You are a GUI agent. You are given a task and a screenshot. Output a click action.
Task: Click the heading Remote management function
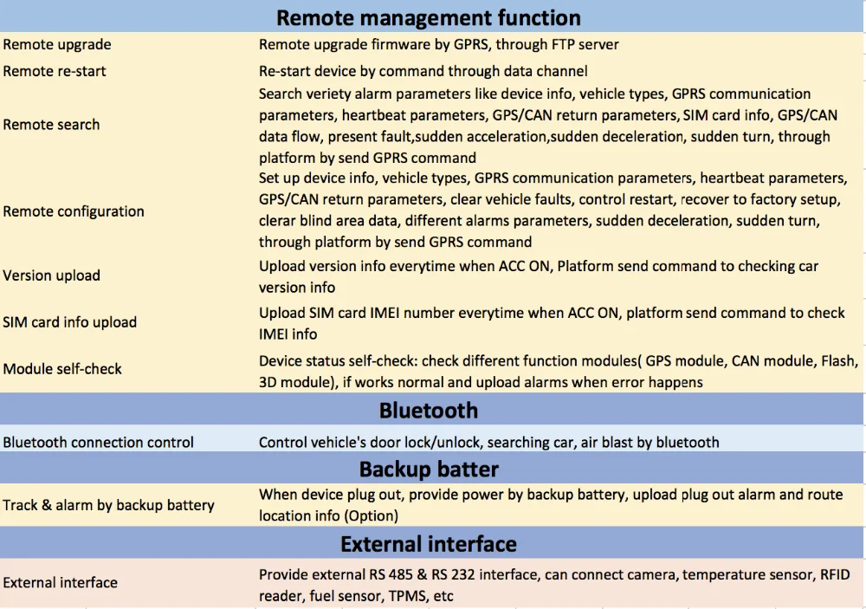coord(429,17)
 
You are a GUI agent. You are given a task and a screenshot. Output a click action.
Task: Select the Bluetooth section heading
coord(429,411)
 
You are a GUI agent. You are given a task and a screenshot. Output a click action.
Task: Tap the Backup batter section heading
coord(429,470)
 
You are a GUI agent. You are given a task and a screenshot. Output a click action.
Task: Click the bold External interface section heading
coord(429,544)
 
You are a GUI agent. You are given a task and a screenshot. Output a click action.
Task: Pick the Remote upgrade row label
coord(57,45)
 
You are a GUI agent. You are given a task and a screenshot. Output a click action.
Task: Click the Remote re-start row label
coord(54,71)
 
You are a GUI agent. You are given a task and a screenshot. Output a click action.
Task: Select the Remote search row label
coord(51,125)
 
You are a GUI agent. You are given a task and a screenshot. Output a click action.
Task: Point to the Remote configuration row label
coord(74,211)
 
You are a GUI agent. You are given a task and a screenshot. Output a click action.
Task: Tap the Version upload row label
coord(51,275)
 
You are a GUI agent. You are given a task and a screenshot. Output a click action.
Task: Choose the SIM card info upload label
coord(69,322)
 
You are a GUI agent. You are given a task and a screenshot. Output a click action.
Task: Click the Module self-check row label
coord(62,369)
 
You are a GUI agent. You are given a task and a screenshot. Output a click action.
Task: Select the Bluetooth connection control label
coord(99,443)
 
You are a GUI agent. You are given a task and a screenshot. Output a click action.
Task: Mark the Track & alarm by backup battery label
coord(108,505)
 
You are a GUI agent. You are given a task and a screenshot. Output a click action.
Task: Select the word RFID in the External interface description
coord(835,574)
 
